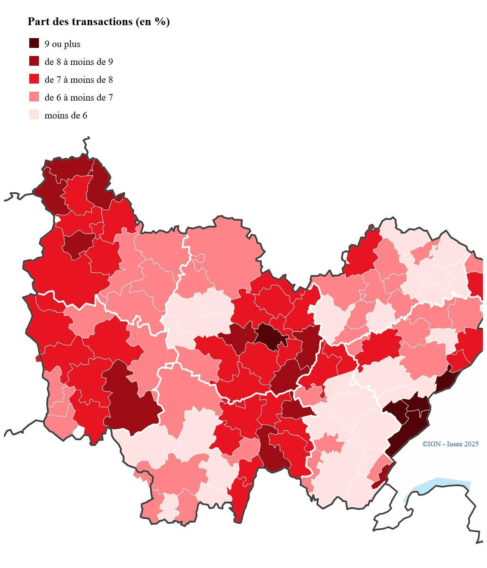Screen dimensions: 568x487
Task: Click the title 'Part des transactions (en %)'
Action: tap(99, 22)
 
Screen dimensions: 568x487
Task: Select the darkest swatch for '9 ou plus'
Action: tap(34, 43)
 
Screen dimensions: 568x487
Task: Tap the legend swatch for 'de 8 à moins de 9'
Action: tap(34, 61)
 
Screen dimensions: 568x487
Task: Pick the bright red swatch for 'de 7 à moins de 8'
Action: tap(34, 79)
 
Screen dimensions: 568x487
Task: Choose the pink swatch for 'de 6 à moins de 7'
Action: tap(34, 97)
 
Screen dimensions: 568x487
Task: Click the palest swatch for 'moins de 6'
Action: tap(34, 115)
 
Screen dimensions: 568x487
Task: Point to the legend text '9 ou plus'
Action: tap(62, 44)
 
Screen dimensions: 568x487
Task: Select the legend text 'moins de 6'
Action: tap(66, 116)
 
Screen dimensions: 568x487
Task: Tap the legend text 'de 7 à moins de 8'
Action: tap(79, 80)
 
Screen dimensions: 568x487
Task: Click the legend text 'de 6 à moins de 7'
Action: tap(79, 98)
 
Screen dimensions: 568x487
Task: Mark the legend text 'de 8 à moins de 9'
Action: tap(79, 62)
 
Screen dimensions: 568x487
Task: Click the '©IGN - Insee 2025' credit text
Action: tap(450, 444)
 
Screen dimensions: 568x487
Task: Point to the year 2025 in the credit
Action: tap(472, 444)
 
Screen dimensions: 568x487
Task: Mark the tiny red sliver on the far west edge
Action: tap(38, 358)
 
